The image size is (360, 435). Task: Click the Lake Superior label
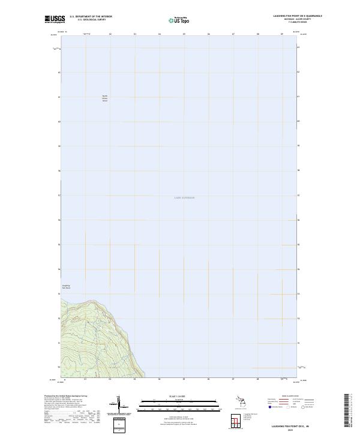pos(185,197)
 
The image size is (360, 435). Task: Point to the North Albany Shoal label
pos(104,98)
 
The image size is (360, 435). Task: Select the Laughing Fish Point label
pos(66,287)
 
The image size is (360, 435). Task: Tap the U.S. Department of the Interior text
pos(91,17)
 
